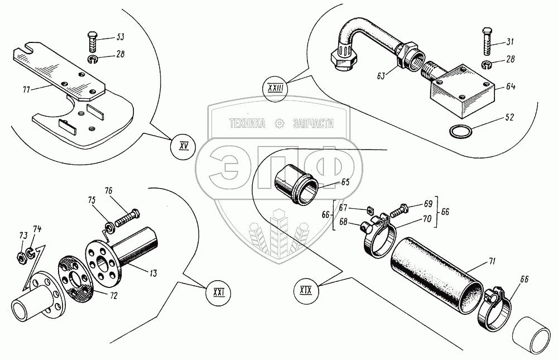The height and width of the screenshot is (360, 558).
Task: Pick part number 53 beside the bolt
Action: pos(120,37)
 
